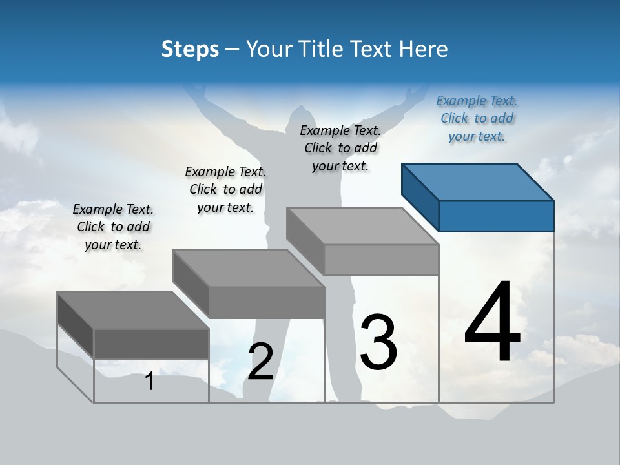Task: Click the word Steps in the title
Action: [190, 49]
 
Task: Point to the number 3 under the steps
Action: [378, 342]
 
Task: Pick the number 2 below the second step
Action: [260, 362]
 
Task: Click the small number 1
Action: [150, 382]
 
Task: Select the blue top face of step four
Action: [478, 181]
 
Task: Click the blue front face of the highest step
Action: [496, 216]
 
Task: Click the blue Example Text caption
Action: [477, 119]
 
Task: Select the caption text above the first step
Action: [113, 227]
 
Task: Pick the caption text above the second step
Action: [225, 189]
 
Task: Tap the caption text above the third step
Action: [340, 148]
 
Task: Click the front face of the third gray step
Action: [381, 260]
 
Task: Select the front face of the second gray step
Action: [266, 302]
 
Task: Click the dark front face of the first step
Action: [151, 344]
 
